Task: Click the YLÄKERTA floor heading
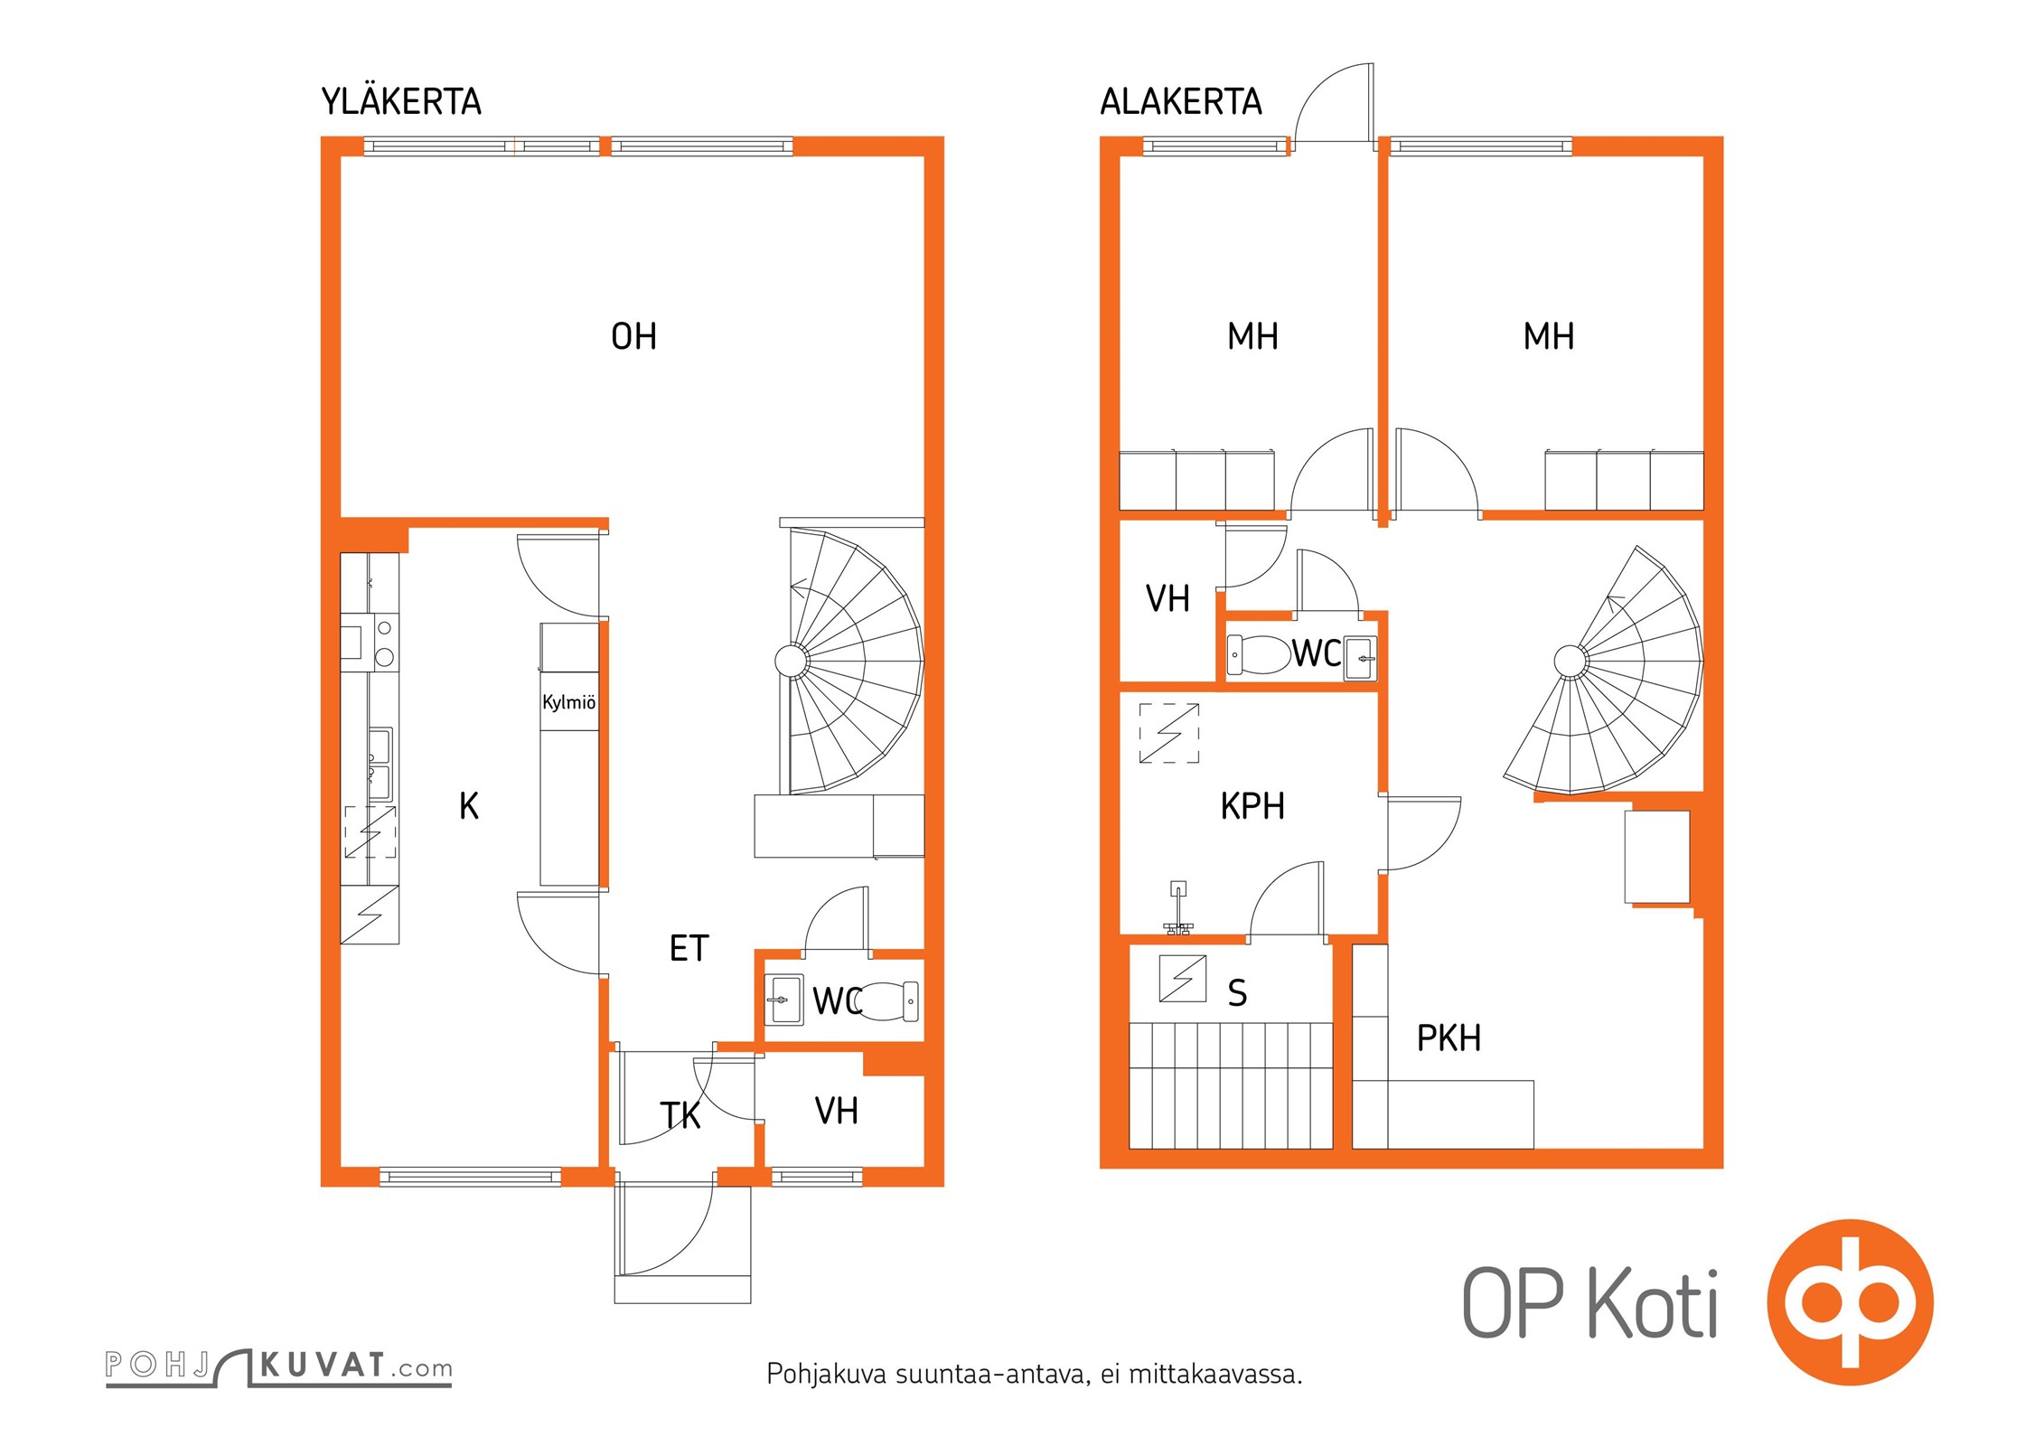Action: coord(401,102)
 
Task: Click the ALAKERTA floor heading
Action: coord(1180,102)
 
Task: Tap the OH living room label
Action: coord(633,337)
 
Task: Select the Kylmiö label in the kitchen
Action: coord(568,702)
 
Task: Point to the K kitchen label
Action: coord(468,806)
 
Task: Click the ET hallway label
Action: coord(689,949)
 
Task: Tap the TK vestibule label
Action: coord(680,1116)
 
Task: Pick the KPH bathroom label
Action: coord(1252,806)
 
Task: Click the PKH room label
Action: coord(1449,1038)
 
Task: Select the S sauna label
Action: coord(1237,993)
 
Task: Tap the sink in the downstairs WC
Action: coord(1360,656)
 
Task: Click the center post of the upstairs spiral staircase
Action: coord(792,661)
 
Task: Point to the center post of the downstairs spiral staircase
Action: coord(1570,661)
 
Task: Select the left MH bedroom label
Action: coord(1252,337)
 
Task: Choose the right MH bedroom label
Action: coord(1548,337)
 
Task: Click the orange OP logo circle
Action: coord(1850,1302)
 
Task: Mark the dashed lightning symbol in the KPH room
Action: coord(1168,733)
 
